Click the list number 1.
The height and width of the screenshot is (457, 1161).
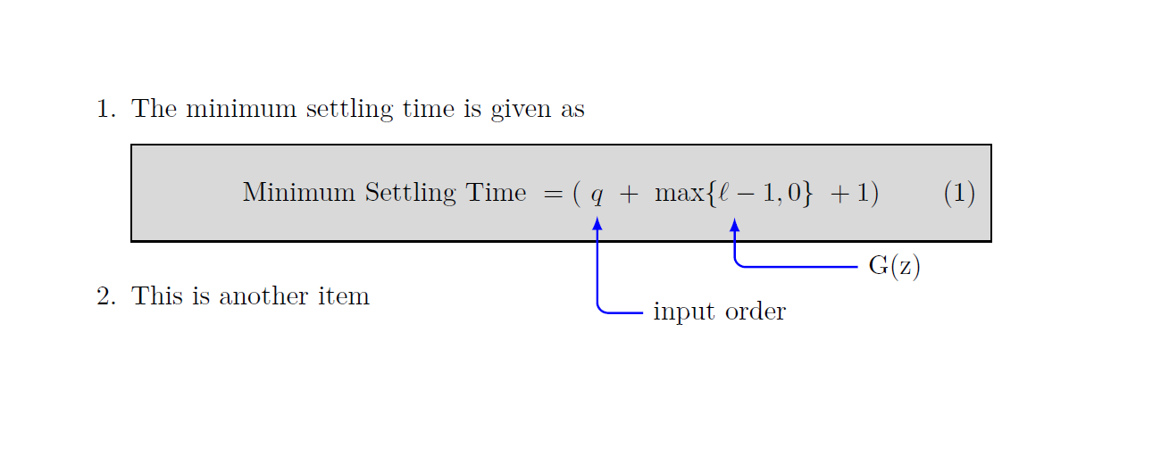pos(104,110)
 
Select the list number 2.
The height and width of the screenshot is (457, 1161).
pos(104,296)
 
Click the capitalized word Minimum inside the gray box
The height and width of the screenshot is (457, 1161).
pos(299,193)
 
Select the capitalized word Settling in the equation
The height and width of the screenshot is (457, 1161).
pos(410,194)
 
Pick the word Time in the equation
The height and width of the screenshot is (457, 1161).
pos(495,193)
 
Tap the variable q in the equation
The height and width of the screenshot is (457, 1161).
pos(597,195)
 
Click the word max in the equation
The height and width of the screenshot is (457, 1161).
pos(679,194)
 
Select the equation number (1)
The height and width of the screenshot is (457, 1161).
pos(959,194)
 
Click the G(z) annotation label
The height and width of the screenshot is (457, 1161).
pos(894,267)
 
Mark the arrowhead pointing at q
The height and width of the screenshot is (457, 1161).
pos(597,223)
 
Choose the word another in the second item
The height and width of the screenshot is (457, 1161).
pos(265,296)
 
